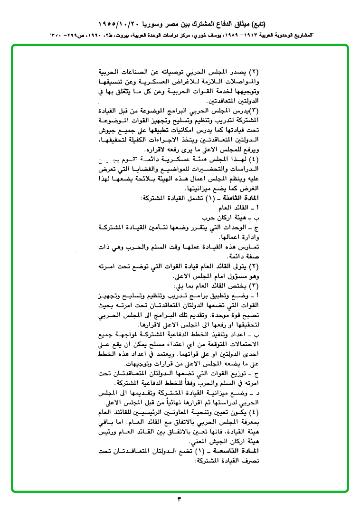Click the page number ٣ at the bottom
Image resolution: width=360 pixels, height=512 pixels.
(x=180, y=499)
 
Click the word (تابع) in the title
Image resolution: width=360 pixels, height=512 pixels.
(x=256, y=23)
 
